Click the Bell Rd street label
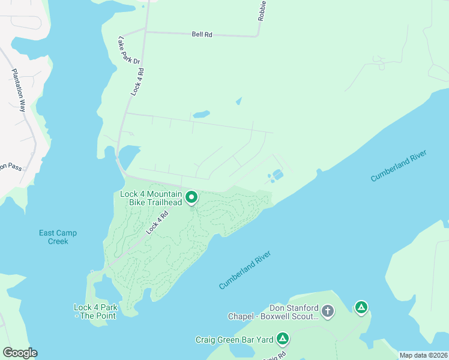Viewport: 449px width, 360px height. click(x=202, y=35)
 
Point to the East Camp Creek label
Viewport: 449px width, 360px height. click(x=58, y=237)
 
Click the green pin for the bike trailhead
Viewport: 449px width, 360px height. click(x=191, y=197)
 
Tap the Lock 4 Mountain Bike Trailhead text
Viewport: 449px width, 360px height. click(x=151, y=198)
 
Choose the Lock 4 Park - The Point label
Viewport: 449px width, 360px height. click(x=95, y=311)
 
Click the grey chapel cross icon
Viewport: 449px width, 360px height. click(x=328, y=311)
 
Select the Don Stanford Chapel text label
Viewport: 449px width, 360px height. click(x=273, y=311)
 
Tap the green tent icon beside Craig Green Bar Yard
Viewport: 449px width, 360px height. click(x=283, y=340)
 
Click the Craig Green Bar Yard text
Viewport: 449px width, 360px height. click(x=234, y=340)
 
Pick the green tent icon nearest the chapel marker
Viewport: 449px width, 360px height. click(x=361, y=308)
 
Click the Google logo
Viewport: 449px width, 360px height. click(x=20, y=353)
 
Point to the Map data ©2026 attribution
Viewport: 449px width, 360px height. click(x=423, y=355)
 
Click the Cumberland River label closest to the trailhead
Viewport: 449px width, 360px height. click(x=246, y=271)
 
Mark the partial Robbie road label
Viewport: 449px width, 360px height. click(x=262, y=10)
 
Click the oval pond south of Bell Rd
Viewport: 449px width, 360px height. click(x=201, y=114)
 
